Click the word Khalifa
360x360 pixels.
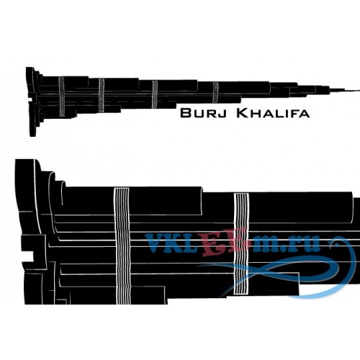click(x=273, y=113)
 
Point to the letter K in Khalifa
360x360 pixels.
click(x=243, y=113)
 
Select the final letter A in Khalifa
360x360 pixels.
click(x=305, y=114)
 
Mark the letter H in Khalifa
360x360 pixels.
click(x=256, y=114)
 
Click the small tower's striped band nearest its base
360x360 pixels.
click(x=62, y=96)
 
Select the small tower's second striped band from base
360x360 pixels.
click(x=102, y=95)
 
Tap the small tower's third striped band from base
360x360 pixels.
click(x=155, y=94)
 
